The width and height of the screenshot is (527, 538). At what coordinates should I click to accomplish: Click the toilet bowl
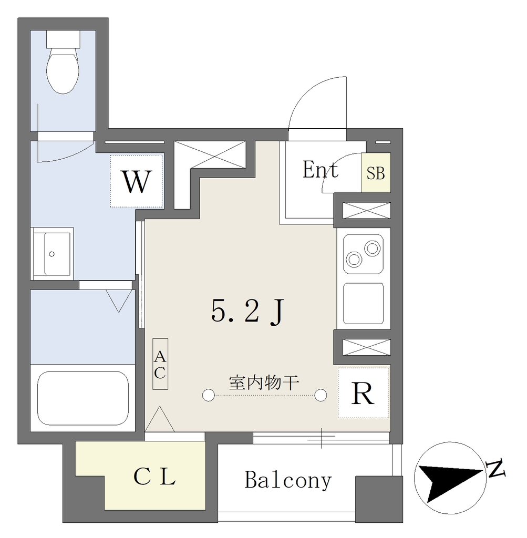coord(63,71)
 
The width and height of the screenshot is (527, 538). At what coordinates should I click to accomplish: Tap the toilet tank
coord(63,39)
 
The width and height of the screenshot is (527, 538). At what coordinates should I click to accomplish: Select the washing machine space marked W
coord(137,181)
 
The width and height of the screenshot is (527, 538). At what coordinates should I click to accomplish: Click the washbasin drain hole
coord(52,254)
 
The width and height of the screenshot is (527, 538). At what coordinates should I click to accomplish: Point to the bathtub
coord(82,398)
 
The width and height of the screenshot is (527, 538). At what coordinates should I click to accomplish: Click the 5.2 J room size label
coord(247,312)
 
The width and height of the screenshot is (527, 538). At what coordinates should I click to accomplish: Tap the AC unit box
coord(160,364)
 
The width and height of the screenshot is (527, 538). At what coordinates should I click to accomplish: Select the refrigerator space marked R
coord(363,393)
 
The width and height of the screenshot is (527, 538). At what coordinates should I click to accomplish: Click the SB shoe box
coord(376,172)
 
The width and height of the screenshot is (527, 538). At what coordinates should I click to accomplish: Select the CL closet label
coord(154,477)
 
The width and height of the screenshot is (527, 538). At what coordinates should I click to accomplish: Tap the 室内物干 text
coord(264,382)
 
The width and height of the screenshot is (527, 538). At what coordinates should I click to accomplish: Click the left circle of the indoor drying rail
coord(208,395)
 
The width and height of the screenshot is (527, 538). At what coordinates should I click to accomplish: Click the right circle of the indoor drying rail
coord(321,395)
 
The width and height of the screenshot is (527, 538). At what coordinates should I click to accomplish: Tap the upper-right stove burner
coord(372,248)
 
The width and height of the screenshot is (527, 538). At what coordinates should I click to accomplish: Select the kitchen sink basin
coord(364,303)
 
